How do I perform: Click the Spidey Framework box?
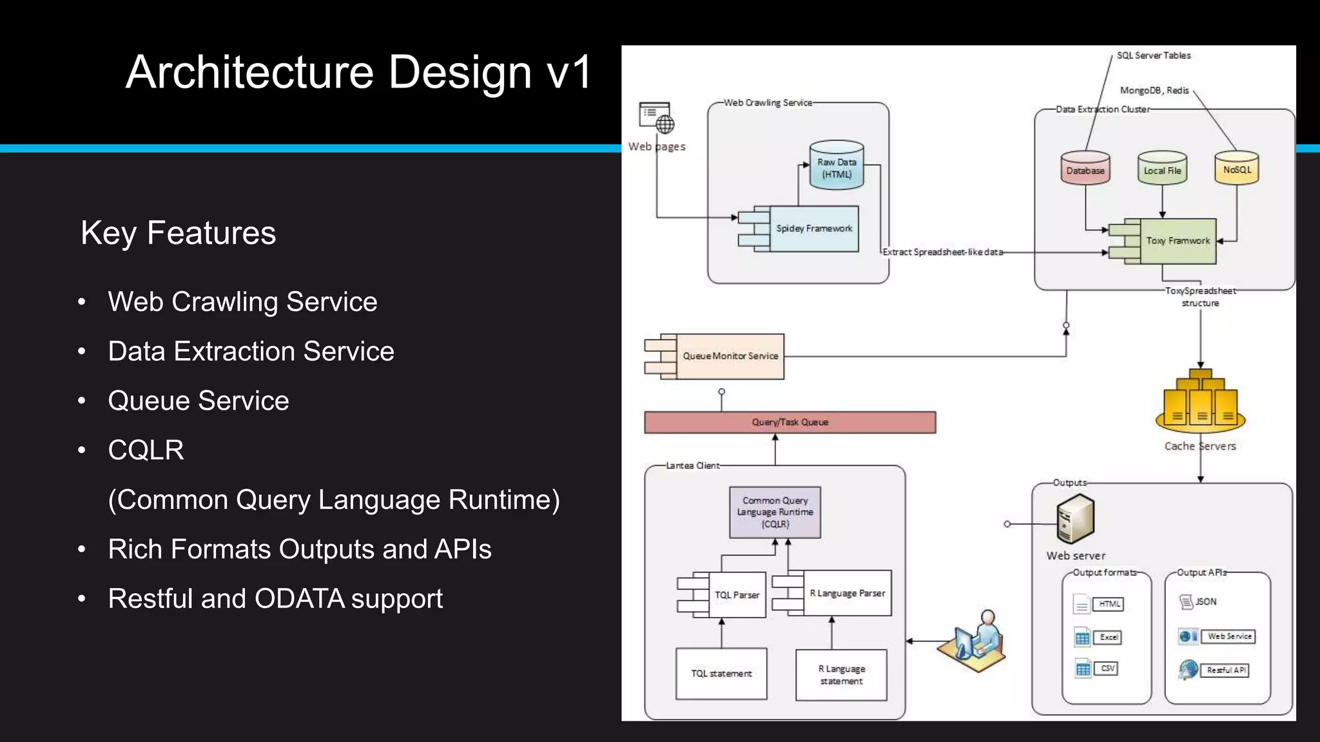pyautogui.click(x=813, y=229)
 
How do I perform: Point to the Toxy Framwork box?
pyautogui.click(x=1177, y=241)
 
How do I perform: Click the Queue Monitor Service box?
pyautogui.click(x=729, y=356)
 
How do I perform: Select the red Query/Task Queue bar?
pyautogui.click(x=790, y=423)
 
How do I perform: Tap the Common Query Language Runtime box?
pyautogui.click(x=775, y=512)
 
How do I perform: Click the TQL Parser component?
pyautogui.click(x=736, y=595)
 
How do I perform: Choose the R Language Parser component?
pyautogui.click(x=846, y=593)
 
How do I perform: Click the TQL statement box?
pyautogui.click(x=721, y=674)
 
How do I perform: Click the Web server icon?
pyautogui.click(x=1075, y=519)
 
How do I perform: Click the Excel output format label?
pyautogui.click(x=1108, y=637)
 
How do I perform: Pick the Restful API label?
pyautogui.click(x=1226, y=670)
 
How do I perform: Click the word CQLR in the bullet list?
pyautogui.click(x=146, y=450)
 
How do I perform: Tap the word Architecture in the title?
pyautogui.click(x=249, y=72)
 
